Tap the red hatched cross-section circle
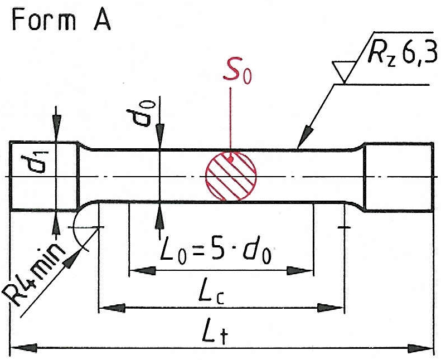tap(231, 176)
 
